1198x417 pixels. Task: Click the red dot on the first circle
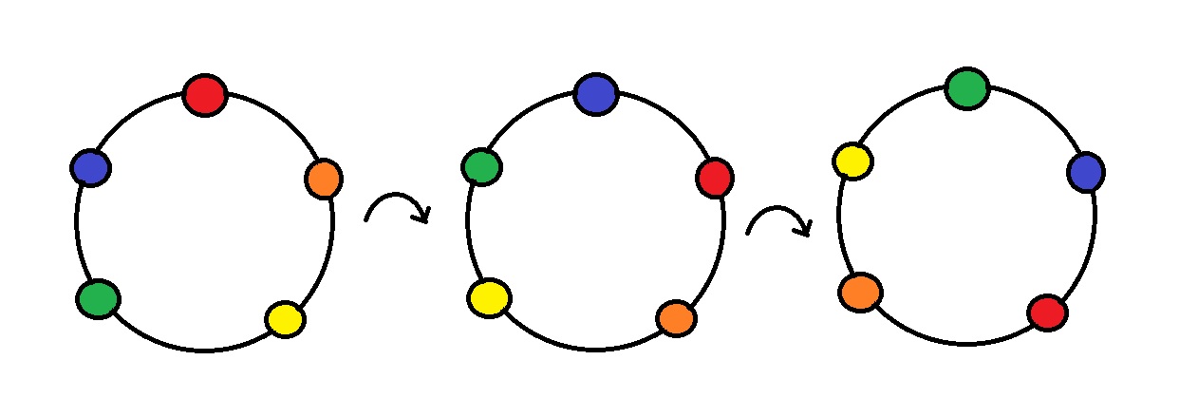coord(205,95)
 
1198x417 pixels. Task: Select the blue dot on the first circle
coord(90,168)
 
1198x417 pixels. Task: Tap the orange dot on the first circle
coord(324,179)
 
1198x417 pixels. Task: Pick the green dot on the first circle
coord(98,299)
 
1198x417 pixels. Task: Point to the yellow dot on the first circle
coord(285,319)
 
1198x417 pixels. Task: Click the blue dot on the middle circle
coord(596,94)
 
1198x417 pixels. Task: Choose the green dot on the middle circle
coord(482,167)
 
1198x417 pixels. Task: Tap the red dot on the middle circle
coord(714,178)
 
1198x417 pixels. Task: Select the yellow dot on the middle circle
coord(489,298)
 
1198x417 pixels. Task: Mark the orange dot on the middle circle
coord(676,318)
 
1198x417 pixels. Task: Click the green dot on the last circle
coord(967,88)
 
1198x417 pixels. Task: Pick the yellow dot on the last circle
coord(853,161)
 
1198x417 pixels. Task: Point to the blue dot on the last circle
coord(1085,173)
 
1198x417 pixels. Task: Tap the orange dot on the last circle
coord(860,293)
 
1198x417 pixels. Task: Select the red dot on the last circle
coord(1047,313)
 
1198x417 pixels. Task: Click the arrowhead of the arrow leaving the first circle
coord(423,218)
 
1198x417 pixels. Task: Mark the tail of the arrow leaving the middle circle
coord(749,232)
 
